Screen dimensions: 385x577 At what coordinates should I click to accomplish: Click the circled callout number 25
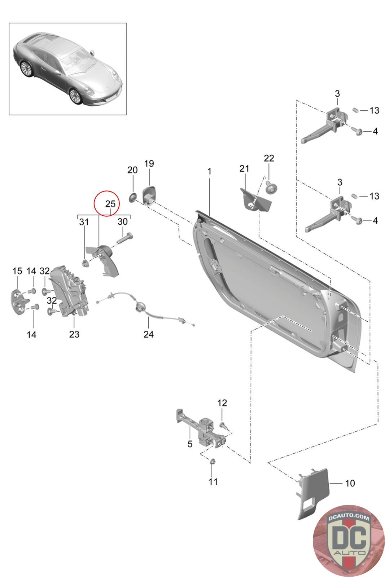pyautogui.click(x=110, y=204)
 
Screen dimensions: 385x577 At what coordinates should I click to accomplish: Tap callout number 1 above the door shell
pyautogui.click(x=209, y=171)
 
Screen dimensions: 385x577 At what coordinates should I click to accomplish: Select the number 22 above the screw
pyautogui.click(x=269, y=158)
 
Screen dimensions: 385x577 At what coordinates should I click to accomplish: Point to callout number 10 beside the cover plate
pyautogui.click(x=350, y=483)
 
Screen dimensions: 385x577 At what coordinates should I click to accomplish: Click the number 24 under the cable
pyautogui.click(x=149, y=334)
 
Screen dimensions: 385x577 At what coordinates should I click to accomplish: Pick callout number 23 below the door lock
pyautogui.click(x=74, y=334)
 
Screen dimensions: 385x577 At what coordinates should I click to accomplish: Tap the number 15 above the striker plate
pyautogui.click(x=17, y=271)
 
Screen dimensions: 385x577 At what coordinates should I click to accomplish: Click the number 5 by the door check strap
pyautogui.click(x=190, y=444)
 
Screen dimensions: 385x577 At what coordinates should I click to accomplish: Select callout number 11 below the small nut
pyautogui.click(x=213, y=482)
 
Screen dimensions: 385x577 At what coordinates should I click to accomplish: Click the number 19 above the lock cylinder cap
pyautogui.click(x=149, y=164)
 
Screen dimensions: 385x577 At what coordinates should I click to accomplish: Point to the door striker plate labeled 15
pyautogui.click(x=21, y=302)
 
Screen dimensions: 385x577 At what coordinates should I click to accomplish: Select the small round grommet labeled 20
pyautogui.click(x=133, y=198)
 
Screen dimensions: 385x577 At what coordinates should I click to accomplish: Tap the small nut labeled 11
pyautogui.click(x=213, y=461)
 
